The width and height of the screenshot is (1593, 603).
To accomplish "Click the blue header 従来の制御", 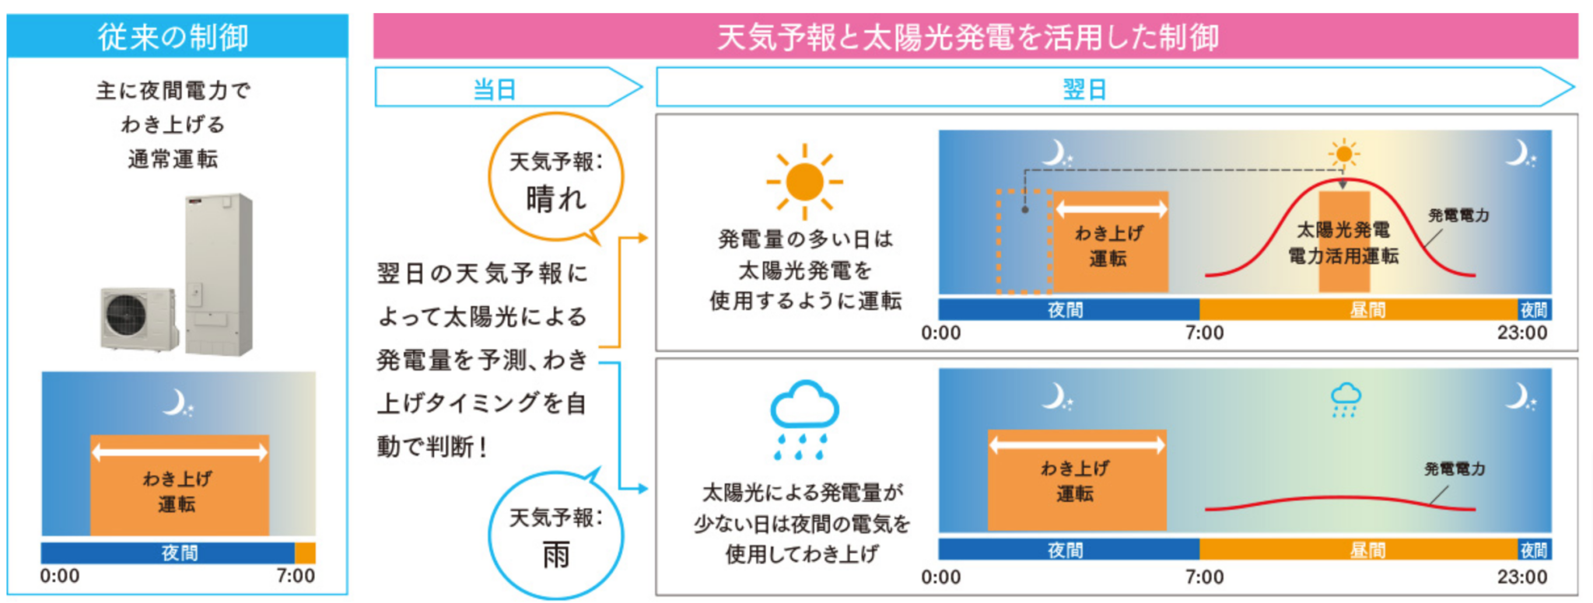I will [x=177, y=37].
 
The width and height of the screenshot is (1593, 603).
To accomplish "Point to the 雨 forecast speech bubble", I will [x=555, y=536].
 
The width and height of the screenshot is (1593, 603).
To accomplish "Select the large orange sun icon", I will [x=804, y=182].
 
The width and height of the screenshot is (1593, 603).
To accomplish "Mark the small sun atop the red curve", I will [x=1343, y=154].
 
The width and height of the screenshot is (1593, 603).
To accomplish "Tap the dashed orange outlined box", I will [x=1024, y=241].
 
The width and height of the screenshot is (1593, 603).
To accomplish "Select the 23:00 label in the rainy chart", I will [x=1521, y=577].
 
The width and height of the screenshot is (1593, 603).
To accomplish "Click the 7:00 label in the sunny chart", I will [x=1204, y=333].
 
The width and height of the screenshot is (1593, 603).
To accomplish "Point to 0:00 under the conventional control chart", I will [x=60, y=577].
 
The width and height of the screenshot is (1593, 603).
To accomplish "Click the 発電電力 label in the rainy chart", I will [x=1455, y=469].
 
